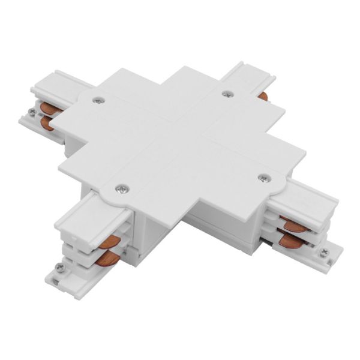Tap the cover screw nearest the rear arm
226,93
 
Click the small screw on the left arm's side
32,112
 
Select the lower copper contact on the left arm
47,123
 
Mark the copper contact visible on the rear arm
262,94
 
